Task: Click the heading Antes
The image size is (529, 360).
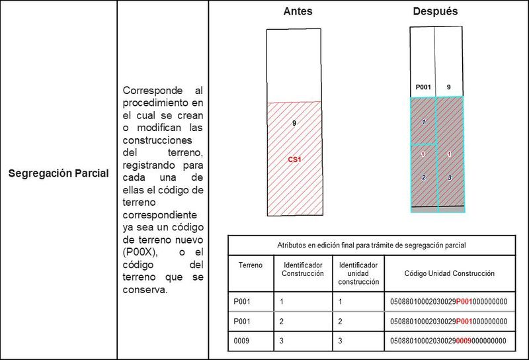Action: (x=298, y=12)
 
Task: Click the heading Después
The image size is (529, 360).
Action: (x=435, y=12)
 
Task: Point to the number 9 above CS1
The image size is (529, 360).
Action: (x=294, y=123)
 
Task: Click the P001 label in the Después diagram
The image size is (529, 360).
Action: (x=423, y=87)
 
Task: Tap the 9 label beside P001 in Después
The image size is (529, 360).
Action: (x=449, y=87)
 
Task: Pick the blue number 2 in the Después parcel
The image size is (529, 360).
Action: (x=423, y=177)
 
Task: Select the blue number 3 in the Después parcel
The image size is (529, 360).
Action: (x=449, y=177)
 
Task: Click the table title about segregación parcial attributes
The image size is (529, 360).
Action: (x=371, y=245)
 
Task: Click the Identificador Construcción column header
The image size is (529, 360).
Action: (x=302, y=269)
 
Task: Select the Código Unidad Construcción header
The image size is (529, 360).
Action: (x=449, y=273)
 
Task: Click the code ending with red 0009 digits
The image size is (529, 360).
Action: (x=449, y=340)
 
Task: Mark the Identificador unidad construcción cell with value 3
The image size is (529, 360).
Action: (x=339, y=340)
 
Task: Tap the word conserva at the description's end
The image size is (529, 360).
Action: (x=145, y=289)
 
